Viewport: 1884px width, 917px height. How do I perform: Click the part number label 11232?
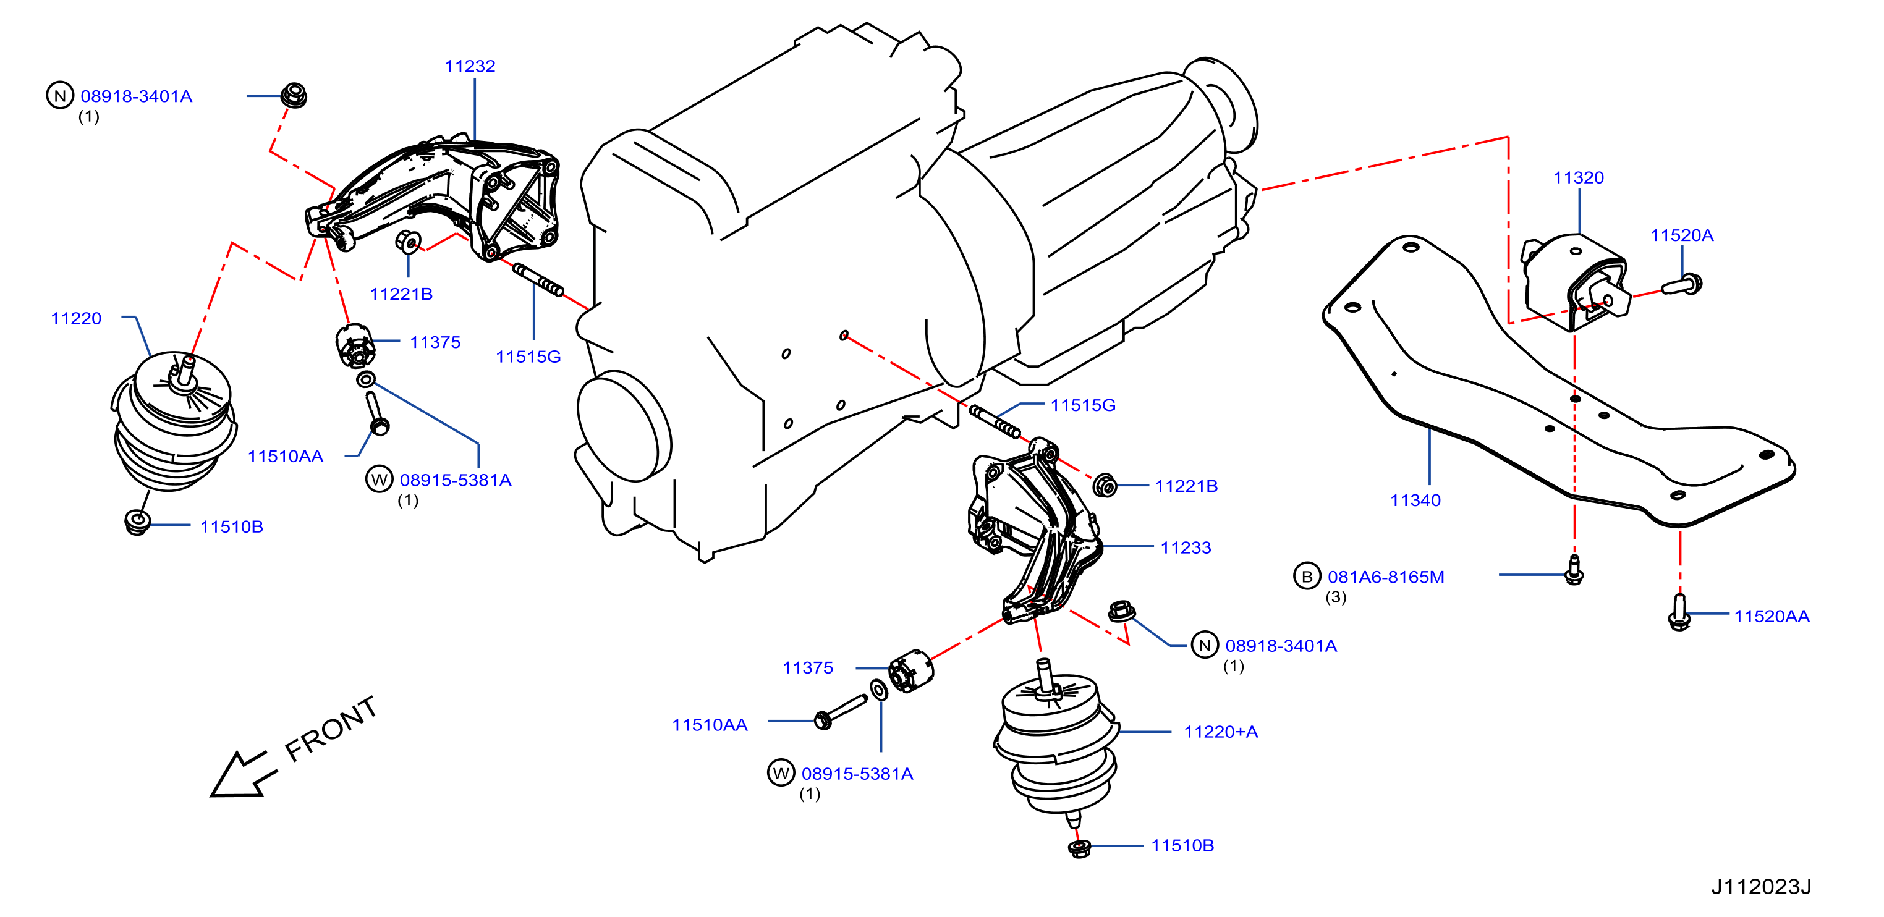point(470,67)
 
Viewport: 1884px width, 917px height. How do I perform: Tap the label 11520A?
point(1681,235)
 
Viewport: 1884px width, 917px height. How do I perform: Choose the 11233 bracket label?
point(1186,547)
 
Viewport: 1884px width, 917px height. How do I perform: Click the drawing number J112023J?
point(1761,886)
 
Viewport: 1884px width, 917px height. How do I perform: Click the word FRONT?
point(331,729)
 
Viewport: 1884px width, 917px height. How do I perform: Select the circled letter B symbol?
point(1307,577)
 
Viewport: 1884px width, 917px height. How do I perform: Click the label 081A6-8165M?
point(1386,577)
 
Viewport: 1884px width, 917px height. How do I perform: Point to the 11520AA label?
point(1772,617)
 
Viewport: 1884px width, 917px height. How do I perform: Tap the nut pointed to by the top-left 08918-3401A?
point(294,96)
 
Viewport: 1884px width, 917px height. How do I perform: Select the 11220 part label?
point(76,319)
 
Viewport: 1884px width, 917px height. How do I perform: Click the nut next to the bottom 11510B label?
point(1079,849)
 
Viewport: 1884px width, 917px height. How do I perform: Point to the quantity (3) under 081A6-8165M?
point(1336,597)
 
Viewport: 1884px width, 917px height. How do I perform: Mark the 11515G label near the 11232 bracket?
point(528,357)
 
